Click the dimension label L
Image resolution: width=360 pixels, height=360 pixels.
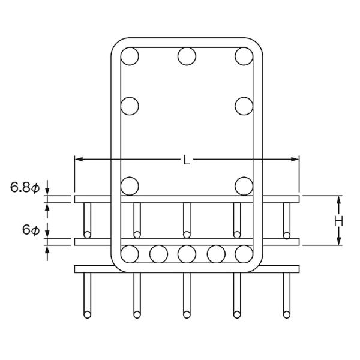tap(187, 160)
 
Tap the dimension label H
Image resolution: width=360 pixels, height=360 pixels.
tap(338, 221)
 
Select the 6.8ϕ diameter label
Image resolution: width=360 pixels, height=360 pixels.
tap(25, 188)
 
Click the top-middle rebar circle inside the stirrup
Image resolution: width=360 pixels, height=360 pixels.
tap(187, 56)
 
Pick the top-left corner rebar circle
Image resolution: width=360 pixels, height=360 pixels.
tap(130, 56)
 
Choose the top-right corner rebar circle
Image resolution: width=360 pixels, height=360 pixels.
tap(244, 56)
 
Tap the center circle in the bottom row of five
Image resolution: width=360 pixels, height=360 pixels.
tap(187, 254)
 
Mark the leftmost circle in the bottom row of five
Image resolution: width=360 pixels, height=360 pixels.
tap(130, 254)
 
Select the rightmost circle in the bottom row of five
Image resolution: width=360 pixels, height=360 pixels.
tap(244, 254)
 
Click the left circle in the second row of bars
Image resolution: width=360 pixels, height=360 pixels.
tap(130, 106)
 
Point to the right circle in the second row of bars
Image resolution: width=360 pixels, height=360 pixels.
tap(244, 106)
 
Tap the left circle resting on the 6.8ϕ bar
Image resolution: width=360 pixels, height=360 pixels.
tap(130, 186)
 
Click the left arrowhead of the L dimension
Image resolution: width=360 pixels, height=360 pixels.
tap(78, 159)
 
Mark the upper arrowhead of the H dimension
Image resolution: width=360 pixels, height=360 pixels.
tap(339, 199)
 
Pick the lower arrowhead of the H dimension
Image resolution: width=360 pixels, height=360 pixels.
tap(339, 241)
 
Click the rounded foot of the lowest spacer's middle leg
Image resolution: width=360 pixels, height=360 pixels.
tap(187, 314)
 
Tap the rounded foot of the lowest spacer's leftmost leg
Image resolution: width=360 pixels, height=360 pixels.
tap(87, 314)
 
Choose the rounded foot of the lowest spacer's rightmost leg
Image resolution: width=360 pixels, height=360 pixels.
tap(287, 314)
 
